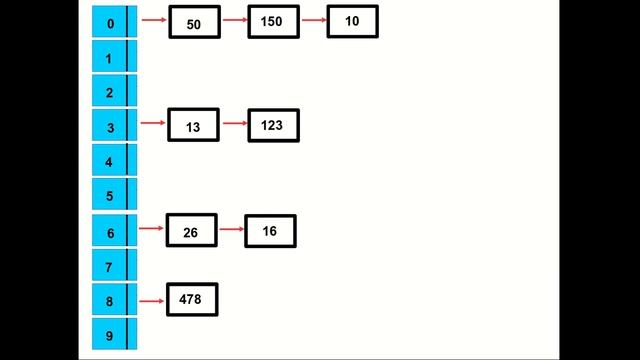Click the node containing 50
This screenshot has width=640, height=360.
point(194,23)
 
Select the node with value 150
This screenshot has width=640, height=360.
point(273,22)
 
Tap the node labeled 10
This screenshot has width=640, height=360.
point(352,21)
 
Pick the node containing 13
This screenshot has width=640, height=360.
point(193,126)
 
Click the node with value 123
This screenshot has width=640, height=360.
point(273,125)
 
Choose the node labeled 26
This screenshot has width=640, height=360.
point(191,231)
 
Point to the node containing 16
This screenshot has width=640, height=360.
point(270,231)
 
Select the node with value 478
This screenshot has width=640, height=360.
point(191,299)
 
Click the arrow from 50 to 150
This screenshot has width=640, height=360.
point(234,19)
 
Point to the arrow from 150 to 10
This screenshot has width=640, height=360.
point(313,19)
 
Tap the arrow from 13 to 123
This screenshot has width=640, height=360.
point(234,123)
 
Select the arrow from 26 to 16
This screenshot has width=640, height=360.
point(230,229)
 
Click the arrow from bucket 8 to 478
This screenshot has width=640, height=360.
point(152,300)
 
